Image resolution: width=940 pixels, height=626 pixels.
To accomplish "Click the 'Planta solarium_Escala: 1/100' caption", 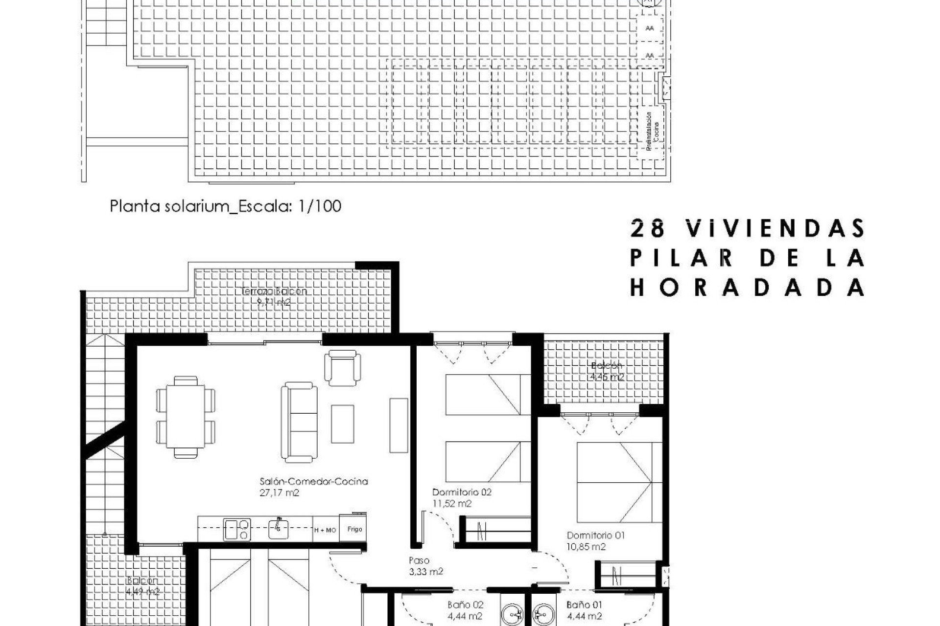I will click(x=225, y=206).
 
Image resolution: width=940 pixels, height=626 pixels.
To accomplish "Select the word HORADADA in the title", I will click(x=747, y=288).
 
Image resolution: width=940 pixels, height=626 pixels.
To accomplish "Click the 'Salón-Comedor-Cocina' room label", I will click(x=313, y=481).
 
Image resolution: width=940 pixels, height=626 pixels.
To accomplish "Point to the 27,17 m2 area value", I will click(x=279, y=493).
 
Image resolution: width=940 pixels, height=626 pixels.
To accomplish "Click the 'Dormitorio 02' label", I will click(x=462, y=492).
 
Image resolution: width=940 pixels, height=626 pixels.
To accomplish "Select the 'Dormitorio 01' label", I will click(x=596, y=535).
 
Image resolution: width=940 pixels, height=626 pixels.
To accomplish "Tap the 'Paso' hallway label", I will click(x=419, y=560).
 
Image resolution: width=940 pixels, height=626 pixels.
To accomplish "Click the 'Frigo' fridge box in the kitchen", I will click(x=354, y=529).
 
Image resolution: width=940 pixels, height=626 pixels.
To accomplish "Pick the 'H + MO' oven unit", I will click(x=325, y=530).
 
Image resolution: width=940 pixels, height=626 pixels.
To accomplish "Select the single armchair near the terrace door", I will click(x=343, y=367).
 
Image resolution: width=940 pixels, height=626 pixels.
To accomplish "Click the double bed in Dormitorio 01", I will click(x=619, y=482).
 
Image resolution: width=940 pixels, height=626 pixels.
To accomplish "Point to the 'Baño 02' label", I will click(x=465, y=605).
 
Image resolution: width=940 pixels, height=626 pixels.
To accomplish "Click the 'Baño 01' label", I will click(x=585, y=605).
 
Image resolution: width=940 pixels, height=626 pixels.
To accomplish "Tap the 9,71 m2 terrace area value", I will click(x=274, y=302).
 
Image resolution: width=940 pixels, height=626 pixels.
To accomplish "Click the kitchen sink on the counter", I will click(x=278, y=528).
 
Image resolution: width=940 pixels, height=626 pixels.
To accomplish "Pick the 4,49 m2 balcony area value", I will click(x=142, y=592).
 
